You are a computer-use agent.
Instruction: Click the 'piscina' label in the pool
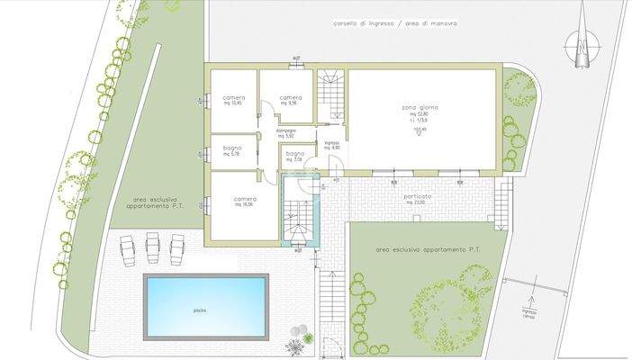coord(199,310)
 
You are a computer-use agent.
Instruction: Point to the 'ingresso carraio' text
coord(528,314)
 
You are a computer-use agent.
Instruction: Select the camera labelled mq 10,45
coord(232,99)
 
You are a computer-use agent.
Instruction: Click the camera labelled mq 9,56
coord(290,99)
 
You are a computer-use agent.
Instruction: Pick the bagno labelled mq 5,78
coord(233,150)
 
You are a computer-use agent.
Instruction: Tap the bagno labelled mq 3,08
coord(295,156)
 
